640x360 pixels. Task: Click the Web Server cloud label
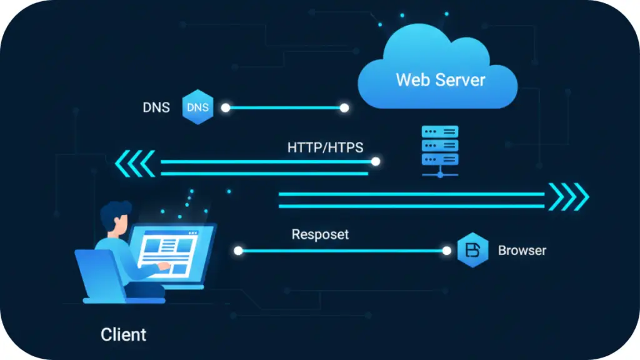440,80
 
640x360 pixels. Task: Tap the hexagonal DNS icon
197,107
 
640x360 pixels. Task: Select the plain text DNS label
156,107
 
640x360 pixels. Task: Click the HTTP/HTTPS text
325,147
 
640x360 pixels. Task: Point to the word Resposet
320,235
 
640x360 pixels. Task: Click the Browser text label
522,251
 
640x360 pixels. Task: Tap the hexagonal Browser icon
472,250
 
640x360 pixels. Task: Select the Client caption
123,334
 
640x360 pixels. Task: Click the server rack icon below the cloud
440,150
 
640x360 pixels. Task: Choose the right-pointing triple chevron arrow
569,197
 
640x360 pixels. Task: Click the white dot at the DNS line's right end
344,108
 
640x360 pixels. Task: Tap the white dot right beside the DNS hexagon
226,108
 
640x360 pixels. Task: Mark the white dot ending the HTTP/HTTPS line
376,161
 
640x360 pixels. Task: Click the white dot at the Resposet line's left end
238,251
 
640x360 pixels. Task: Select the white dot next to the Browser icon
446,251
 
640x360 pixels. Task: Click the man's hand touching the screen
163,267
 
